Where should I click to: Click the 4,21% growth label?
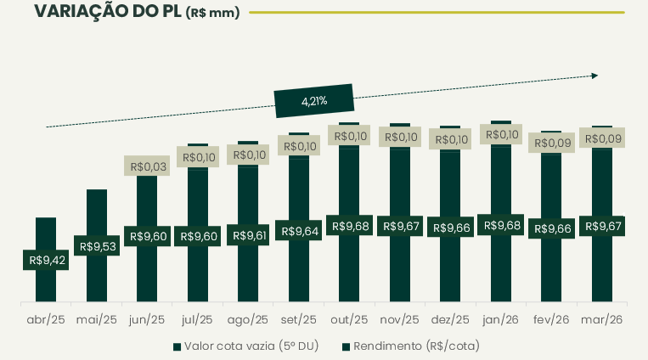[x=314, y=101]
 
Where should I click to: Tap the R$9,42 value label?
[x=47, y=260]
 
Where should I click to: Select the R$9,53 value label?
[x=97, y=246]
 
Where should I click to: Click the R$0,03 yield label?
[x=147, y=166]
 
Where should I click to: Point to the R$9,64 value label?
[x=298, y=231]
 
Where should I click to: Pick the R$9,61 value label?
[x=247, y=235]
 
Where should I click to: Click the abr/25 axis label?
[x=46, y=320]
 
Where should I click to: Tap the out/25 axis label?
[x=349, y=320]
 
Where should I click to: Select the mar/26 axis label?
[x=602, y=320]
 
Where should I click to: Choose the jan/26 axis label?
[x=501, y=320]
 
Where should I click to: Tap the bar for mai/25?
[x=97, y=212]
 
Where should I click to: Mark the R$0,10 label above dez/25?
[x=450, y=139]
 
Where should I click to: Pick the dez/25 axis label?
[x=450, y=320]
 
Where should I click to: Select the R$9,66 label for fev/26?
[x=551, y=228]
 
